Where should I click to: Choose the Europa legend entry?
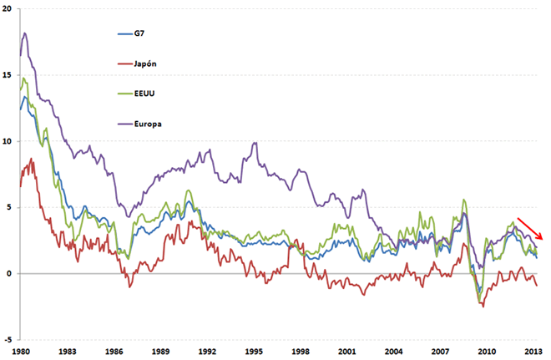pyautogui.click(x=148, y=124)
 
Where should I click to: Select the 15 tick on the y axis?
pyautogui.click(x=7, y=74)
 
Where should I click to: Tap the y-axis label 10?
pyautogui.click(x=7, y=141)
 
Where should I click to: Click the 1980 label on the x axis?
pyautogui.click(x=23, y=352)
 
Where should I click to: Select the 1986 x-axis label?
pyautogui.click(x=115, y=352)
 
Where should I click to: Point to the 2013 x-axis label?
pyautogui.click(x=532, y=352)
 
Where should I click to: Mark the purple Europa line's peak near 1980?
pyautogui.click(x=26, y=33)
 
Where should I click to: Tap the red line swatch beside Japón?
pyautogui.click(x=124, y=63)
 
